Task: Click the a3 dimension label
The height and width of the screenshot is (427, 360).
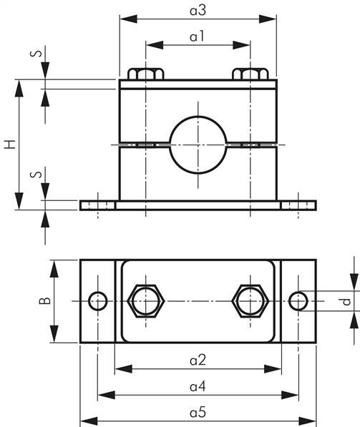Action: click(198, 11)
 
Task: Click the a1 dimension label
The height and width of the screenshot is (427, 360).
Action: click(197, 36)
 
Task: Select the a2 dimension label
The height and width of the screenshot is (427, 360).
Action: click(198, 360)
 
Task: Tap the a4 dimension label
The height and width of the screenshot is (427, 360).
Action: click(198, 386)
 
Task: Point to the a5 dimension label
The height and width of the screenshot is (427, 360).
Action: click(198, 413)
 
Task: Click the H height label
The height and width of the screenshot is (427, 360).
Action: click(10, 144)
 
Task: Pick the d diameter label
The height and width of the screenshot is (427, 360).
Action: click(346, 301)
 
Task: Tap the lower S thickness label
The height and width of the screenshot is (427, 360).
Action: click(37, 175)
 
